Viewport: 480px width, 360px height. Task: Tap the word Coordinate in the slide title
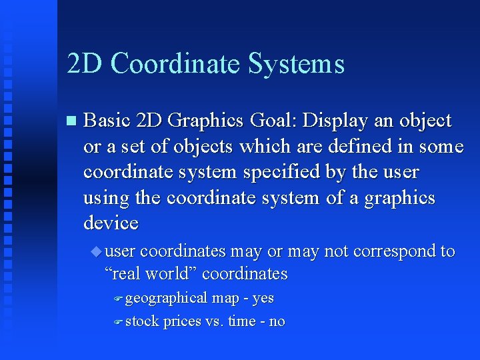[x=175, y=63]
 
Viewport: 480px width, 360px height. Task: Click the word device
[x=111, y=223]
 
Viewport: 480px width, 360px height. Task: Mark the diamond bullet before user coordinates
[x=98, y=251]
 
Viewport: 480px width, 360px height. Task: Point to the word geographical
[x=166, y=298]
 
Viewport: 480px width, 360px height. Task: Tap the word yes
[x=263, y=298]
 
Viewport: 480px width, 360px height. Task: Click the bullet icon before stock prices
[x=117, y=322]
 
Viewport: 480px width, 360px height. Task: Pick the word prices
[x=182, y=321]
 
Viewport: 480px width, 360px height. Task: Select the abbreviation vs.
[x=214, y=321]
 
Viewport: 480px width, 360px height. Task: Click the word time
[x=241, y=321]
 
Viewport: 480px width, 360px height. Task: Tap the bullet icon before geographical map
[x=117, y=299]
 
